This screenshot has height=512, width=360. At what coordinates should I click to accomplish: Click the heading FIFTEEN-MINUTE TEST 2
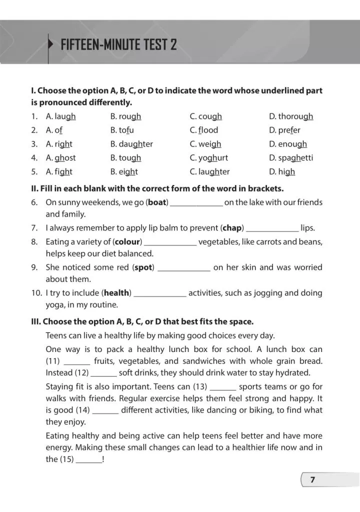(x=118, y=45)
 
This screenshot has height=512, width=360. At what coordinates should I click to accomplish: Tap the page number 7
(x=312, y=480)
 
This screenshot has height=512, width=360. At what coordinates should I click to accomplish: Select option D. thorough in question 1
(x=291, y=116)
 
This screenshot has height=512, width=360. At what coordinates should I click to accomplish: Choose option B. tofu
(x=122, y=130)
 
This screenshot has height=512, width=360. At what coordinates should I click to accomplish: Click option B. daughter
(x=131, y=144)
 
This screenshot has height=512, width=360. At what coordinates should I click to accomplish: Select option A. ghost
(x=60, y=157)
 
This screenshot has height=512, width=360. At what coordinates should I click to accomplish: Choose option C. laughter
(x=209, y=171)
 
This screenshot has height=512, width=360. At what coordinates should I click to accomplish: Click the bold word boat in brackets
(x=157, y=202)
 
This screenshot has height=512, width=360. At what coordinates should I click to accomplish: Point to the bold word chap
(x=232, y=228)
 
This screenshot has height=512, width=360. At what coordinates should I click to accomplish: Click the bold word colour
(x=127, y=242)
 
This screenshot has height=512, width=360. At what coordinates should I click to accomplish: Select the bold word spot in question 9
(x=143, y=267)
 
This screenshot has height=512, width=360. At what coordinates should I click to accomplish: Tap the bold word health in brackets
(x=117, y=293)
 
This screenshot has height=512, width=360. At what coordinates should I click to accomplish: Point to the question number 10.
(x=36, y=293)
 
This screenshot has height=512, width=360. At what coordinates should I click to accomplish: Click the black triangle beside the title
(x=50, y=44)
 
